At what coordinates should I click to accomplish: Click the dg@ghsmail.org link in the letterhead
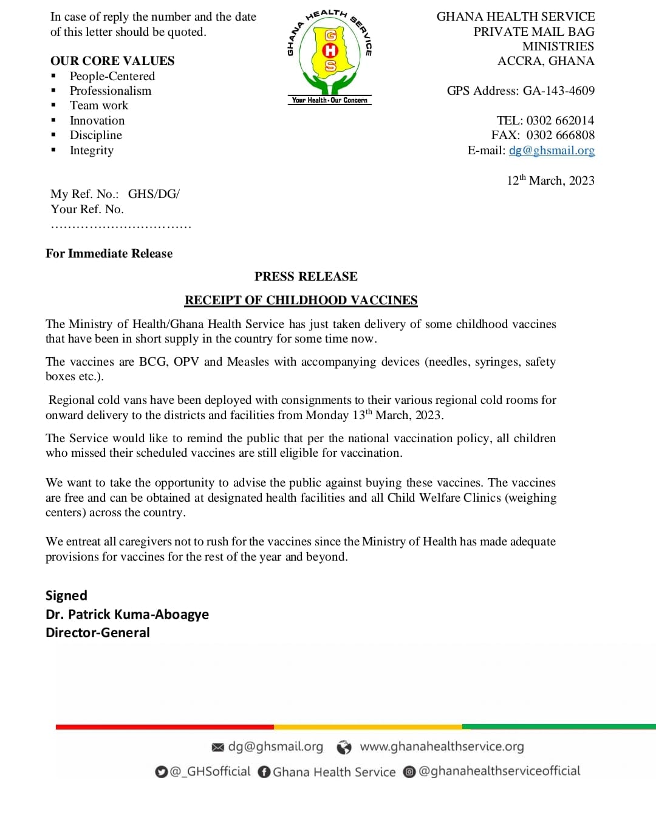point(552,150)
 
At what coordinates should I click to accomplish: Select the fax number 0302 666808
point(560,135)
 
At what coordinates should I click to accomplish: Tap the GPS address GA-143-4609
point(558,91)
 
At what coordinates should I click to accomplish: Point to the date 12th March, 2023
point(550,180)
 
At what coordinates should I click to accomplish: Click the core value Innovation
point(97,120)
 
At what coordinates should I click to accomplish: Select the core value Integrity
point(92,150)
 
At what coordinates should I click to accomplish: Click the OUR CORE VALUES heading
point(112,61)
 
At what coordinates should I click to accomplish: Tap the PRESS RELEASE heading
point(306,276)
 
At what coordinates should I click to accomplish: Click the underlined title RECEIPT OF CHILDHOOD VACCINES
point(301,300)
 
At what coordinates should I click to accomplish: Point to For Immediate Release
point(109,253)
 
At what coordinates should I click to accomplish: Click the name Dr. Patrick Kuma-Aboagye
point(127,614)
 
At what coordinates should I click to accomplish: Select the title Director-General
point(97,632)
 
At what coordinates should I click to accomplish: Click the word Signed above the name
point(66,595)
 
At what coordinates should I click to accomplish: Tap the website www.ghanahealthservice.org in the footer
point(442,747)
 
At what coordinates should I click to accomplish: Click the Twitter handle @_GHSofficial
point(210,771)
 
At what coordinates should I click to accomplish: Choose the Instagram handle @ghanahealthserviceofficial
point(499,771)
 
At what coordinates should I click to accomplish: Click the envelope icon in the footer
point(217,747)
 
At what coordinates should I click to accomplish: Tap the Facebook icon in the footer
point(264,772)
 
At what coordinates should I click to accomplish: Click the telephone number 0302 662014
point(560,120)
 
